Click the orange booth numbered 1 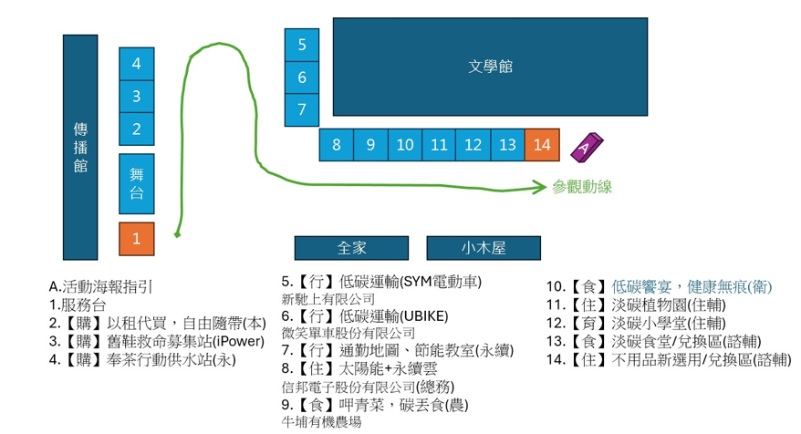click(137, 239)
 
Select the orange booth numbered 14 click(542, 144)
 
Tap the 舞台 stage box click(137, 183)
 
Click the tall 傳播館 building click(79, 148)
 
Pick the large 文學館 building click(490, 67)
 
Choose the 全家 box click(350, 248)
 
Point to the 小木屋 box click(484, 248)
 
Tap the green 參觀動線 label click(581, 187)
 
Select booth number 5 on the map click(302, 45)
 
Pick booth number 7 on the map click(302, 110)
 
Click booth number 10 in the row click(405, 144)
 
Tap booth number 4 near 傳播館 click(137, 64)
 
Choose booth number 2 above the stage click(137, 129)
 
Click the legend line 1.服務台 click(77, 304)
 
